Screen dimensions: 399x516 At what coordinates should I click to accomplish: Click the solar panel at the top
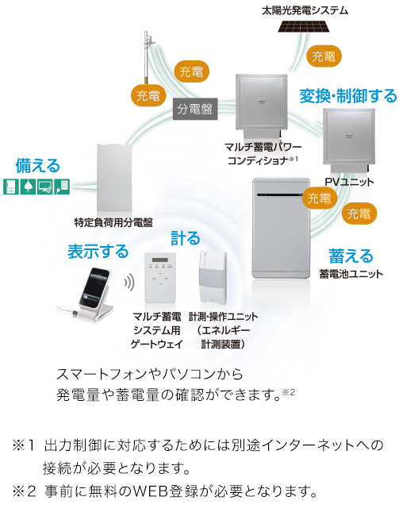tap(304, 25)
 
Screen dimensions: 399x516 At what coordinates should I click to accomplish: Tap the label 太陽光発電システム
tap(305, 10)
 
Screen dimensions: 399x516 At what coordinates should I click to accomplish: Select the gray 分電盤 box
tap(195, 109)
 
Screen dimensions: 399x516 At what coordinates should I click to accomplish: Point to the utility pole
tap(146, 58)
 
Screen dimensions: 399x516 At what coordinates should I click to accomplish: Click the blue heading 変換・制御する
tap(348, 96)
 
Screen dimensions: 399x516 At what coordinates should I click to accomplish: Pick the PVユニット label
tap(349, 182)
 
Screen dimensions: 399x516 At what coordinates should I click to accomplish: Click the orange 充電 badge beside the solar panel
tap(324, 56)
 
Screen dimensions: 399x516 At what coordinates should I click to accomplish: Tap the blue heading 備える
tap(38, 166)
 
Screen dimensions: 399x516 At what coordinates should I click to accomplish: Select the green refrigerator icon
tap(11, 187)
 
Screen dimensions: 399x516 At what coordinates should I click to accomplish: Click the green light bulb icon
tap(28, 187)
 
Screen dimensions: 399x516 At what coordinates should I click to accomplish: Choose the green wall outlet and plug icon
tap(62, 187)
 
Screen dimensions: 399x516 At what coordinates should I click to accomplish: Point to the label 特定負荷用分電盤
tap(113, 222)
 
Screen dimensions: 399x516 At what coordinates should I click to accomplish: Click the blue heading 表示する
tap(98, 252)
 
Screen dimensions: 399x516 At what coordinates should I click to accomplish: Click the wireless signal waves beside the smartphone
tap(129, 283)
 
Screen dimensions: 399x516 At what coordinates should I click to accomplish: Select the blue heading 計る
tap(185, 238)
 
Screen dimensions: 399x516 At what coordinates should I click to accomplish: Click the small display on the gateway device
tap(160, 260)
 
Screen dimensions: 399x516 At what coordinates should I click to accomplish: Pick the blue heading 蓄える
tap(351, 256)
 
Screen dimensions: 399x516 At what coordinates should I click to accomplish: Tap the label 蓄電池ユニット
tap(351, 273)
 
